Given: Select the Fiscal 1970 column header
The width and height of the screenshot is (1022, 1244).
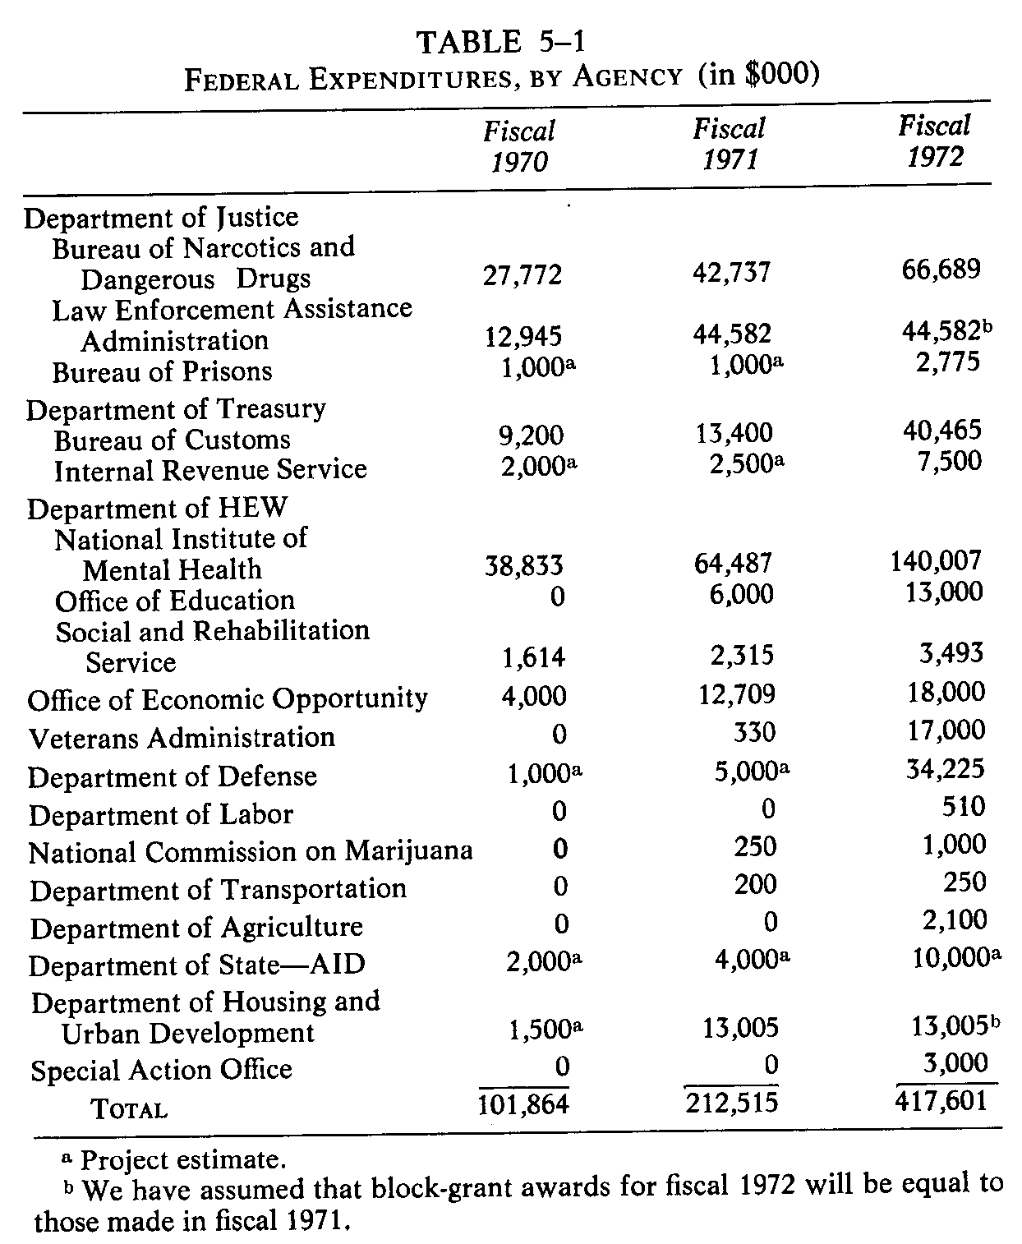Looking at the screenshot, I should point(519,146).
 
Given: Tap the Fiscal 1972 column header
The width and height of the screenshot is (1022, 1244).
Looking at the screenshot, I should point(934,141).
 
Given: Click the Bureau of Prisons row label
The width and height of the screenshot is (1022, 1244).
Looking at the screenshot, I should point(162,371).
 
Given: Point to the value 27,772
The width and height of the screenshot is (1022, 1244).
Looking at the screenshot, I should point(522,274).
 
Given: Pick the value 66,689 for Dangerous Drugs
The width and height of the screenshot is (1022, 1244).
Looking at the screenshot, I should point(938,269).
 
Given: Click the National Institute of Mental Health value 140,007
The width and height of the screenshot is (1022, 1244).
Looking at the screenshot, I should point(936,561).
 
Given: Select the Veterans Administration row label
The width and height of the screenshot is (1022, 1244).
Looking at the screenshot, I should point(182,737).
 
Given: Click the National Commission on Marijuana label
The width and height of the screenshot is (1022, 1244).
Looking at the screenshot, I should point(251,851).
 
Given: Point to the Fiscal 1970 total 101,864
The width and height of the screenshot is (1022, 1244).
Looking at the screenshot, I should point(523,1103).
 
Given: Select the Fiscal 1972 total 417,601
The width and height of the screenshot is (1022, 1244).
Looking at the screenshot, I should point(941,1099).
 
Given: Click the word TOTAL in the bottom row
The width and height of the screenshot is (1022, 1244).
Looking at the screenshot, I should point(129,1109).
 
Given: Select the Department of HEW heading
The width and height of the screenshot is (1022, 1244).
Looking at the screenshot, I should point(157,508).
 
